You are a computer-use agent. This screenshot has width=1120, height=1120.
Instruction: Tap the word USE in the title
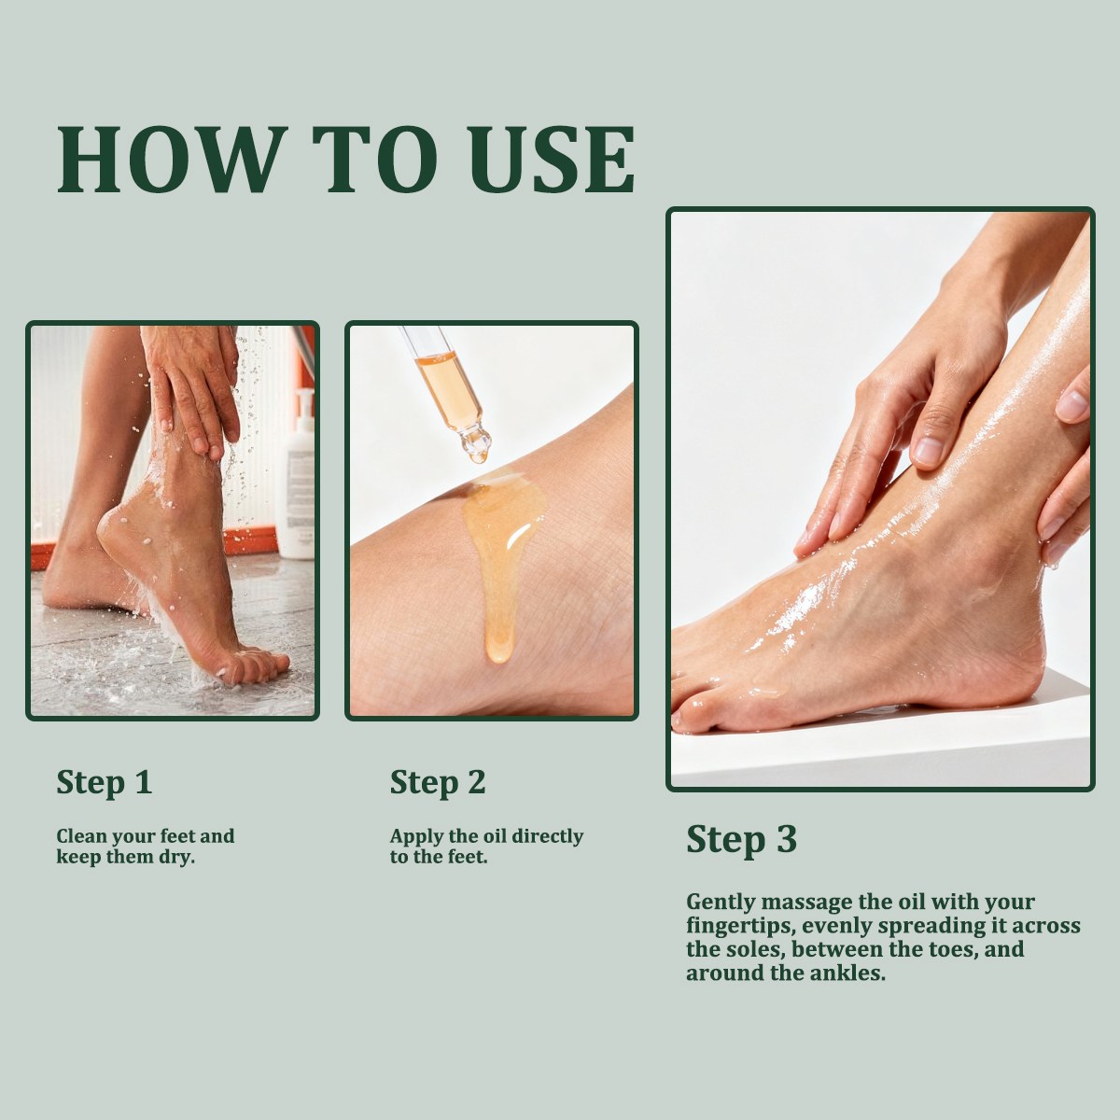point(553,159)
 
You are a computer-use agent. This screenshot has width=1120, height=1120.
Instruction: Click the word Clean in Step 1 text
point(81,836)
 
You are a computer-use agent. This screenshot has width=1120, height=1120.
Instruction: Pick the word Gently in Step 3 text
point(721,903)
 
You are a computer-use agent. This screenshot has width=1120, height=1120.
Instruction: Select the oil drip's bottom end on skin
point(498,657)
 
